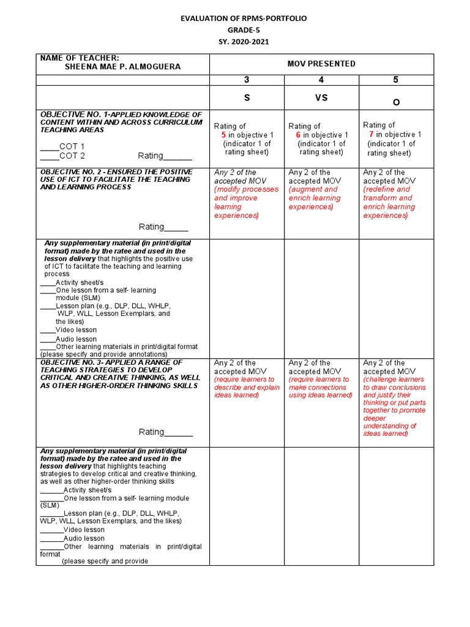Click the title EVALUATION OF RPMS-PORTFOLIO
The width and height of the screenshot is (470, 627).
pyautogui.click(x=244, y=19)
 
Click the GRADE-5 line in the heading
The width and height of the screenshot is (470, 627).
pyautogui.click(x=244, y=31)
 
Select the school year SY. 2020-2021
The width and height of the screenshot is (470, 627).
pyautogui.click(x=244, y=42)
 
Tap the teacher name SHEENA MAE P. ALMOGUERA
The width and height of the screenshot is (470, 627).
pyautogui.click(x=122, y=67)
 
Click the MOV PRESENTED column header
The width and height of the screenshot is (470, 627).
pyautogui.click(x=321, y=64)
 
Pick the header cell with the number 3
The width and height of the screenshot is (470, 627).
pyautogui.click(x=247, y=80)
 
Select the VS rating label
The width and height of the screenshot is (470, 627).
pyautogui.click(x=321, y=97)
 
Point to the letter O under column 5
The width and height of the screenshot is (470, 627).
pyautogui.click(x=396, y=102)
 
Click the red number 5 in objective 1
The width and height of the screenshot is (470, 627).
pyautogui.click(x=224, y=135)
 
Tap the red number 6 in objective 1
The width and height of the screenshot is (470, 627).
pyautogui.click(x=298, y=135)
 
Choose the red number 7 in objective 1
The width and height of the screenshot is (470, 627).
pyautogui.click(x=371, y=134)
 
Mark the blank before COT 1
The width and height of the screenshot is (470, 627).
pyautogui.click(x=49, y=147)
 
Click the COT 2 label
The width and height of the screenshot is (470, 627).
pyautogui.click(x=72, y=156)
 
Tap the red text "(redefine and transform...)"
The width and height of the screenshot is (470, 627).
pyautogui.click(x=389, y=203)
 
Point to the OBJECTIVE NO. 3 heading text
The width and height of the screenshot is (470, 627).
pyautogui.click(x=119, y=374)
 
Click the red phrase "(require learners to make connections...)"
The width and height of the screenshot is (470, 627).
pyautogui.click(x=321, y=387)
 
